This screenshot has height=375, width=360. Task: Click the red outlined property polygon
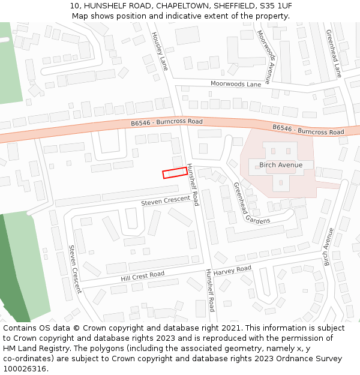pyautogui.click(x=175, y=173)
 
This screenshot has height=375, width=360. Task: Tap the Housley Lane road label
pyautogui.click(x=158, y=51)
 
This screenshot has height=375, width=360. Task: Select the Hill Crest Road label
pyautogui.click(x=142, y=276)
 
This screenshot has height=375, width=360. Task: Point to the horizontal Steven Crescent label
pyautogui.click(x=165, y=200)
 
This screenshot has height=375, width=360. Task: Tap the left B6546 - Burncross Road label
pyautogui.click(x=167, y=122)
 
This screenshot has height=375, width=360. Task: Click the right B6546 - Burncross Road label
pyautogui.click(x=308, y=129)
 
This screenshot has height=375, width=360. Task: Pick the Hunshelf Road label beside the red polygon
pyautogui.click(x=193, y=185)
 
